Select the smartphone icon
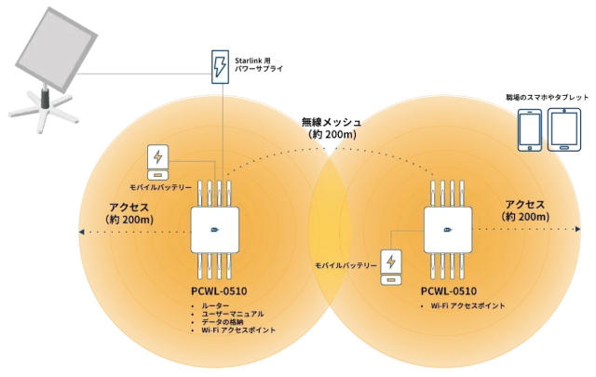[529, 130]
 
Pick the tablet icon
[565, 129]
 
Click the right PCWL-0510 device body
[451, 229]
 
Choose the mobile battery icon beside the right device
[392, 265]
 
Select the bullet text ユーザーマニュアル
[233, 314]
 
